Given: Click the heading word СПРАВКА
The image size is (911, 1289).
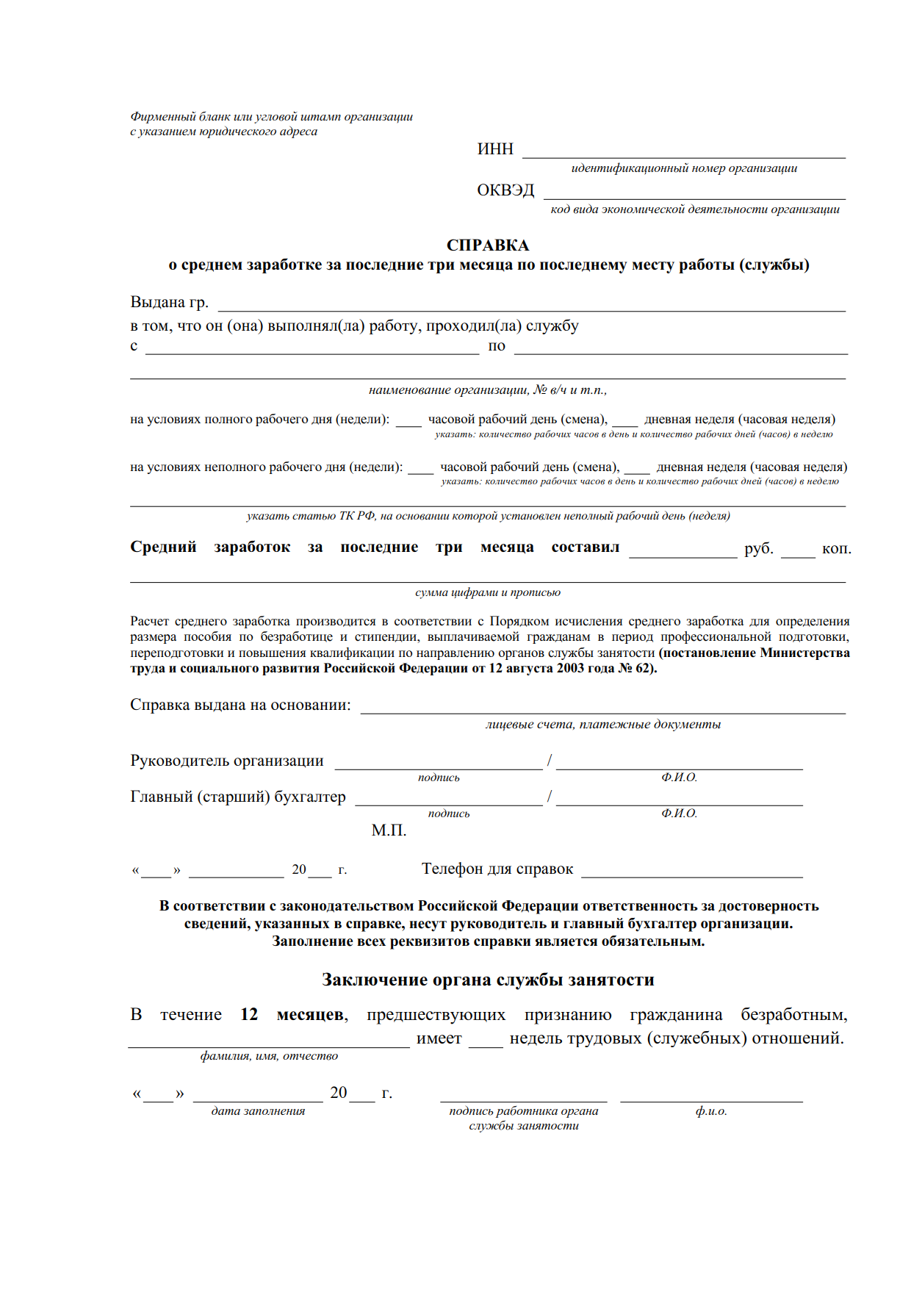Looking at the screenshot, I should point(487,245).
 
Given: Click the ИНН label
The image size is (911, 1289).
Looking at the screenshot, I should point(495,149).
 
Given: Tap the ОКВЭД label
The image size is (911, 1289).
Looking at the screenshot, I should point(505,190).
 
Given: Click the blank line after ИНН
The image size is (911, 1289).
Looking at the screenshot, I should point(683,156).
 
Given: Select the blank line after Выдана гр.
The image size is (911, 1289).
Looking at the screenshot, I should point(531,309).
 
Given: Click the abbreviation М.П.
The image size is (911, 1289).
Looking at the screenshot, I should point(389,830).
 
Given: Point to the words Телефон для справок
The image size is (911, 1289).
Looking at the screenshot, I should point(497,869).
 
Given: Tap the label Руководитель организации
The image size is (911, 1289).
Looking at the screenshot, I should point(227,761).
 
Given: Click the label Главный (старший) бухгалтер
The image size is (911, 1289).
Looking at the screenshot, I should point(238,797).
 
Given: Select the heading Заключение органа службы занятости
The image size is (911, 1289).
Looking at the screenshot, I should point(488,980).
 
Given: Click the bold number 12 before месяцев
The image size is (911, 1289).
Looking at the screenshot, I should point(249,1015).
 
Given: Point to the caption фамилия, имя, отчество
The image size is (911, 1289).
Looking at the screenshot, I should point(269,1056).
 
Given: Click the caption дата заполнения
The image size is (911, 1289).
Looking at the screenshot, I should point(258,1111).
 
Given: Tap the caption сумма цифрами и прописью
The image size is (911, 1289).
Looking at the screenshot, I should point(488,592).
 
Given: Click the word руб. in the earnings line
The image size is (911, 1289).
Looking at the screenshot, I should point(758,548).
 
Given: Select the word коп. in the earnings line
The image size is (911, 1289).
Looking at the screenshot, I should point(836,548).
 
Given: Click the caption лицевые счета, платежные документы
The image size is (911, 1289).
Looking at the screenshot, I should point(602,725).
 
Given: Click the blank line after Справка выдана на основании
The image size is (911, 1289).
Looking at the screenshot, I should point(602,711).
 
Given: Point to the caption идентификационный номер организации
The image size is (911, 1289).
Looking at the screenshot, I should point(684,168).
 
